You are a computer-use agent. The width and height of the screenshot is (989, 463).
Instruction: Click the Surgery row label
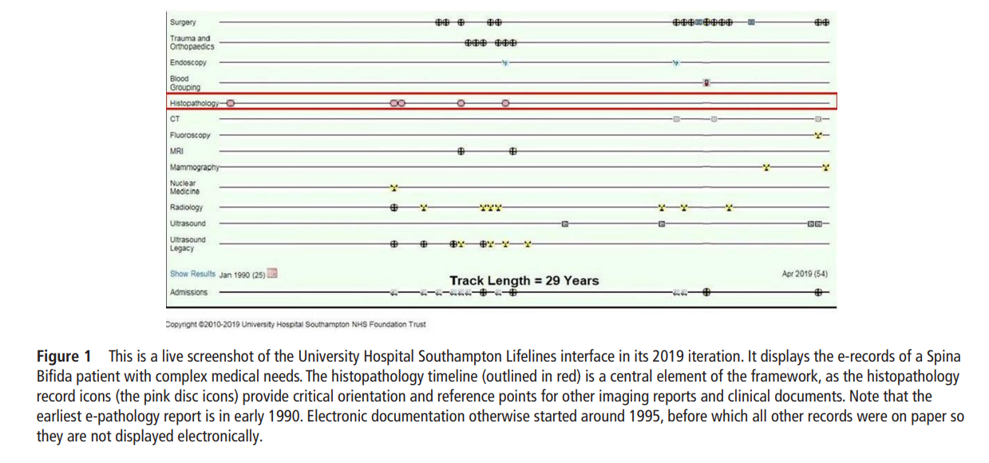(183, 22)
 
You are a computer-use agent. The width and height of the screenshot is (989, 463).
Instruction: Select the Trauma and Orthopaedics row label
(190, 42)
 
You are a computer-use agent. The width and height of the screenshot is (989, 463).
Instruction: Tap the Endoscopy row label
(188, 62)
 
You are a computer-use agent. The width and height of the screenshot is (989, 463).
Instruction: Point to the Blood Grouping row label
(184, 83)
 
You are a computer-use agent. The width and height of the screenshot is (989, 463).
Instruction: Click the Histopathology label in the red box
(194, 104)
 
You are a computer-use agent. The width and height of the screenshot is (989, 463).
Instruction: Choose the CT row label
(175, 119)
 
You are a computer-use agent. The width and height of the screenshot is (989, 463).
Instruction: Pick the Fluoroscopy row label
(190, 136)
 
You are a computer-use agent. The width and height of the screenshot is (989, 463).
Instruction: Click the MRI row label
(177, 151)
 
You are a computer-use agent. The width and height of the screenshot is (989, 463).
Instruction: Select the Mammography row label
(194, 168)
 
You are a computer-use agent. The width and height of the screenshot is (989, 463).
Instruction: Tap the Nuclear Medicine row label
(184, 188)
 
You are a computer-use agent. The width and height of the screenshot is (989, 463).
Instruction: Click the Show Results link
(192, 274)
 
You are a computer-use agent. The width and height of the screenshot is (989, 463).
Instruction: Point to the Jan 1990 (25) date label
(242, 275)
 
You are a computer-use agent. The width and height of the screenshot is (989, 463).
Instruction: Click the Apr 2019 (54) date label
(805, 274)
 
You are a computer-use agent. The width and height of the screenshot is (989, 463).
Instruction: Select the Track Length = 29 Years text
(524, 280)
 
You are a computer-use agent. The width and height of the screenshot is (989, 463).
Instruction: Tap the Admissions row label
(188, 292)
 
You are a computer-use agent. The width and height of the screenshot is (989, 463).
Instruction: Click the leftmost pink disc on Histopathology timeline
(231, 103)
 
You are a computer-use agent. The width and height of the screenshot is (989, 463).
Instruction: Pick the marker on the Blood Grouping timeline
(706, 82)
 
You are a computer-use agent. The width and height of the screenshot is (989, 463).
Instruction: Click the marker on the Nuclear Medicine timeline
(394, 188)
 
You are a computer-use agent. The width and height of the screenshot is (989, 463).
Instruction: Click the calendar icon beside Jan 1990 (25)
(272, 274)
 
